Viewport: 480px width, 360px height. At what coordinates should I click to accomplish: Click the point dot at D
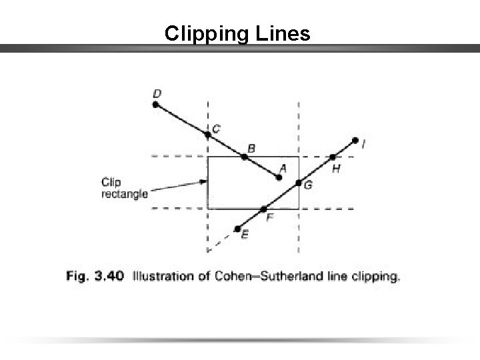(155, 104)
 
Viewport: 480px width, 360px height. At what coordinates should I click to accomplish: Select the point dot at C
(208, 134)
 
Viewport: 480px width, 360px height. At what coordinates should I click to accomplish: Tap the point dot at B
(245, 157)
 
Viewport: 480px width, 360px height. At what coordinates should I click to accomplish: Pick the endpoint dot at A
(279, 177)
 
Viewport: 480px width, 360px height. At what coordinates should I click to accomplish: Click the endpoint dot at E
(237, 229)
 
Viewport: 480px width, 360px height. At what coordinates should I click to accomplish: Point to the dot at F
(263, 209)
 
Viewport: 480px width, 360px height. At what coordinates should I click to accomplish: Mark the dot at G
(299, 182)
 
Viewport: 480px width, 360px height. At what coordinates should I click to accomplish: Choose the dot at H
(333, 157)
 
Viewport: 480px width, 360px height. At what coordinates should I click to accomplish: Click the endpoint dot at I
(355, 140)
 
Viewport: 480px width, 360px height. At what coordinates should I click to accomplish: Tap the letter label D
(157, 92)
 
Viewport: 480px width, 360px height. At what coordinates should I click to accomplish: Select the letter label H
(336, 170)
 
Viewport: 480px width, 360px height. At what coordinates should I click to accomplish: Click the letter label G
(307, 185)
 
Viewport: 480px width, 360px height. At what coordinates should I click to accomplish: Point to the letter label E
(245, 235)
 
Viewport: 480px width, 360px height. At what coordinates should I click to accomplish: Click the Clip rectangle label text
(124, 187)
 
